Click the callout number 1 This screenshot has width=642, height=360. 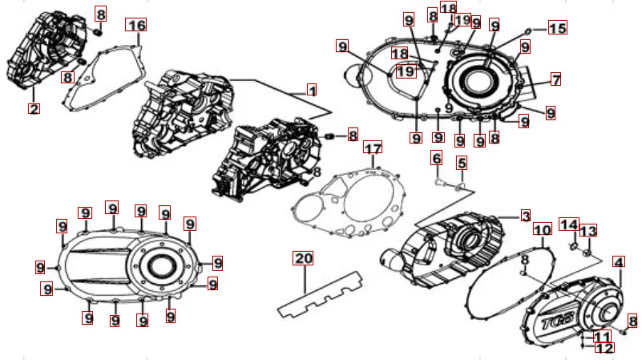point(312,90)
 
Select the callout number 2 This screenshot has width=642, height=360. point(34,109)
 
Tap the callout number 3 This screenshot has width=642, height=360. point(526,216)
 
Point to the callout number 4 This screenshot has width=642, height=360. point(619,262)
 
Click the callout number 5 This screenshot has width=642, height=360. point(462,163)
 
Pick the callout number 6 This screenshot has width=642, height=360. point(437,158)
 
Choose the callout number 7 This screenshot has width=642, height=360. point(555,79)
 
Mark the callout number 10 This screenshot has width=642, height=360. point(543,230)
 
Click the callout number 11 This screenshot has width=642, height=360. point(602,337)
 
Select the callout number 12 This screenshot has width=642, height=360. point(604,348)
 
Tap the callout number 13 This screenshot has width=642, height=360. point(588,231)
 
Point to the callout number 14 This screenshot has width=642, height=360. point(569,224)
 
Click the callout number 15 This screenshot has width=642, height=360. point(557,28)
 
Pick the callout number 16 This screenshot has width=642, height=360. point(136,25)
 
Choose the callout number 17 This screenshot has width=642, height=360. point(373,148)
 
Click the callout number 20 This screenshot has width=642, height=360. point(303,258)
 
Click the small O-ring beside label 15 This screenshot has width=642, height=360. point(528,30)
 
